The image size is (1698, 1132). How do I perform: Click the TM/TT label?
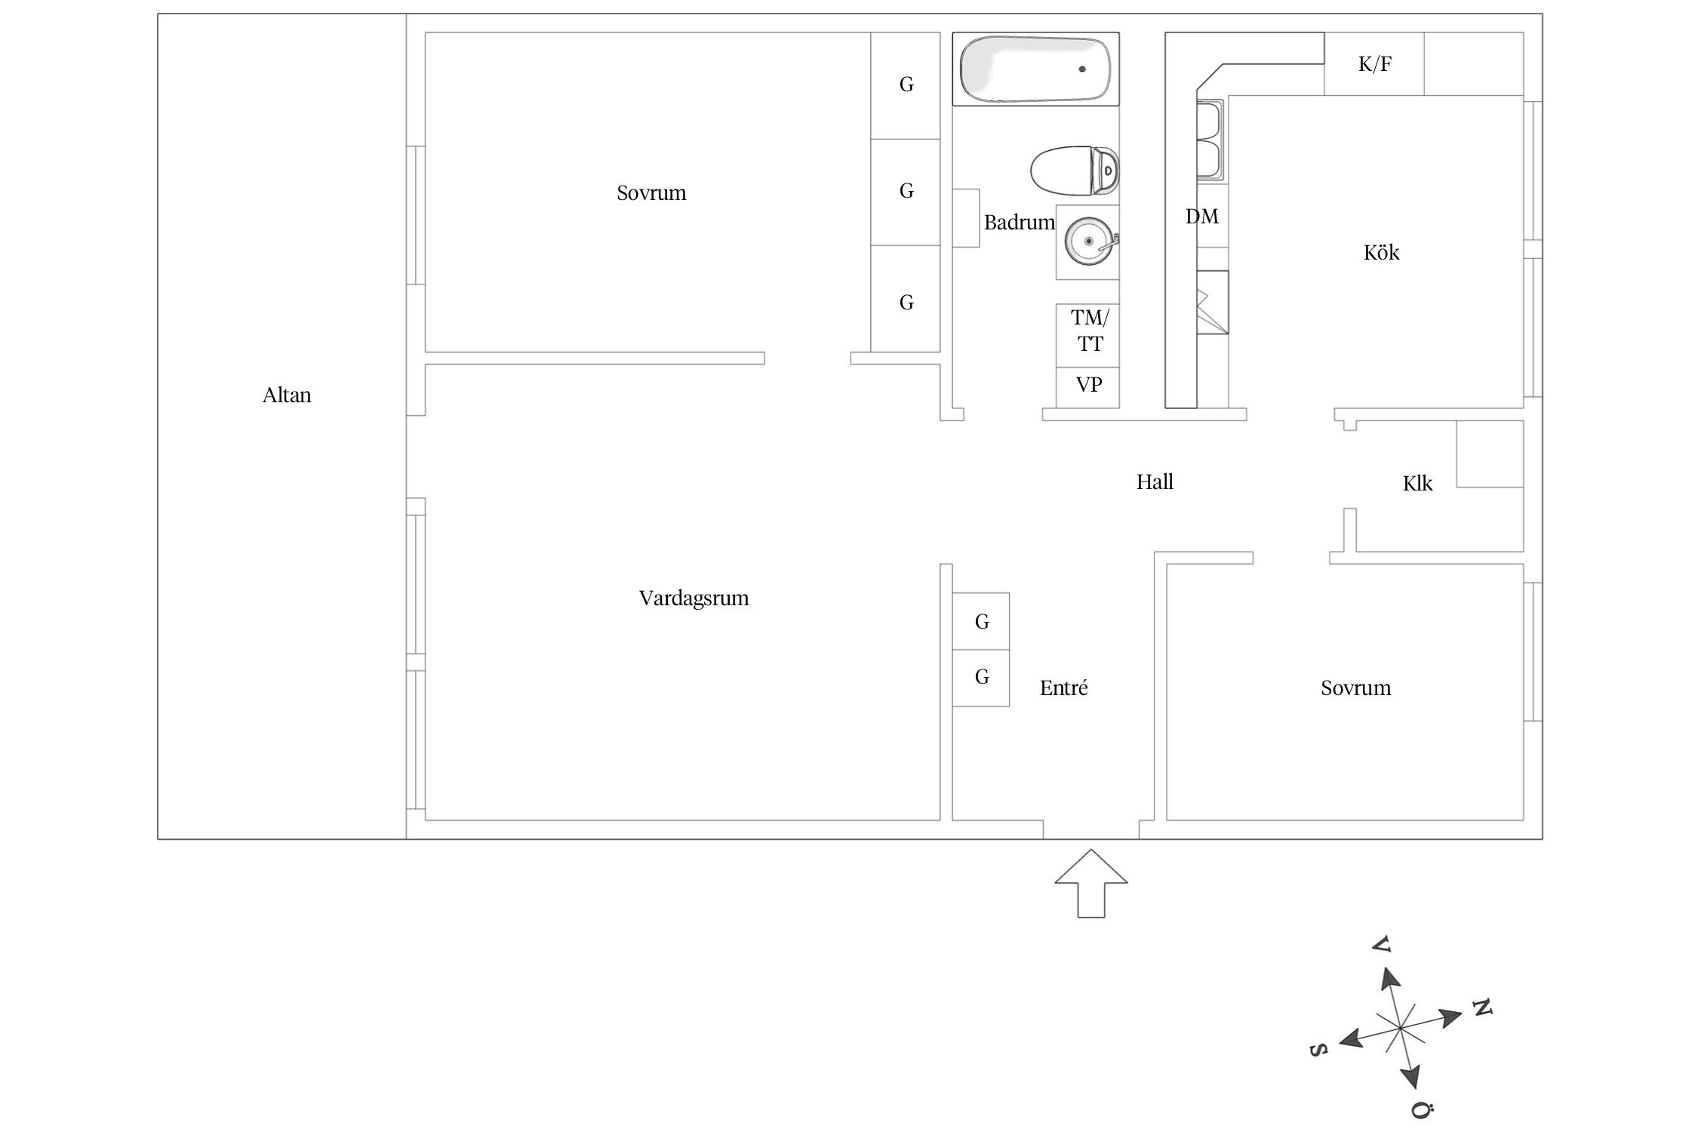1089,331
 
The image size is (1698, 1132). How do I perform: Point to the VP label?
1088,385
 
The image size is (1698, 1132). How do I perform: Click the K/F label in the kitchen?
1374,64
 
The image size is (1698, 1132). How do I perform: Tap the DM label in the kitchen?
1201,217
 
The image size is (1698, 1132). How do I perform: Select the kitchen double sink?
1210,140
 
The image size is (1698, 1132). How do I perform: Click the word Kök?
1381,252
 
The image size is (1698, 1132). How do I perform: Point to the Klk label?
1417,484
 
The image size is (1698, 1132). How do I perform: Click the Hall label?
1155,482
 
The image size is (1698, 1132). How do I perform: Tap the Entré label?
1063,688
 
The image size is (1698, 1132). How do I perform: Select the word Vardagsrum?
694,598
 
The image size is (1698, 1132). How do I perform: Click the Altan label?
286,395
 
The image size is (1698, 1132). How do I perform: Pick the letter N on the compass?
1481,1007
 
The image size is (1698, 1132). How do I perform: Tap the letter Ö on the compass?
1422,1109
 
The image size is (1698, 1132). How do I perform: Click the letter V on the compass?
1381,943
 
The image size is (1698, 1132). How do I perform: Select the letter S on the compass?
1317,1050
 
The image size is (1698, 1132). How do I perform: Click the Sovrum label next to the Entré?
1355,688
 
